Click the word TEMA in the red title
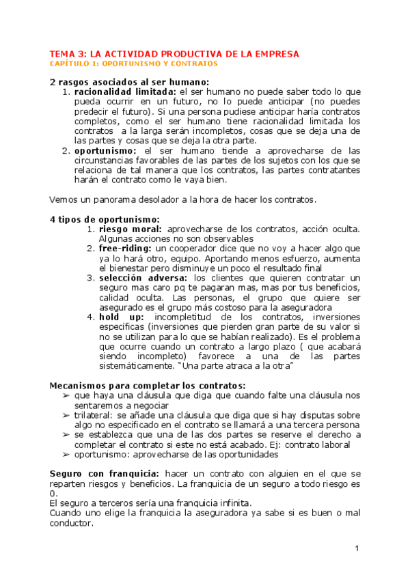tap(61, 53)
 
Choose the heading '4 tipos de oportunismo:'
tap(105, 218)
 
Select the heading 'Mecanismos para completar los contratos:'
tap(148, 386)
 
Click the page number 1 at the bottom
tap(357, 549)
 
